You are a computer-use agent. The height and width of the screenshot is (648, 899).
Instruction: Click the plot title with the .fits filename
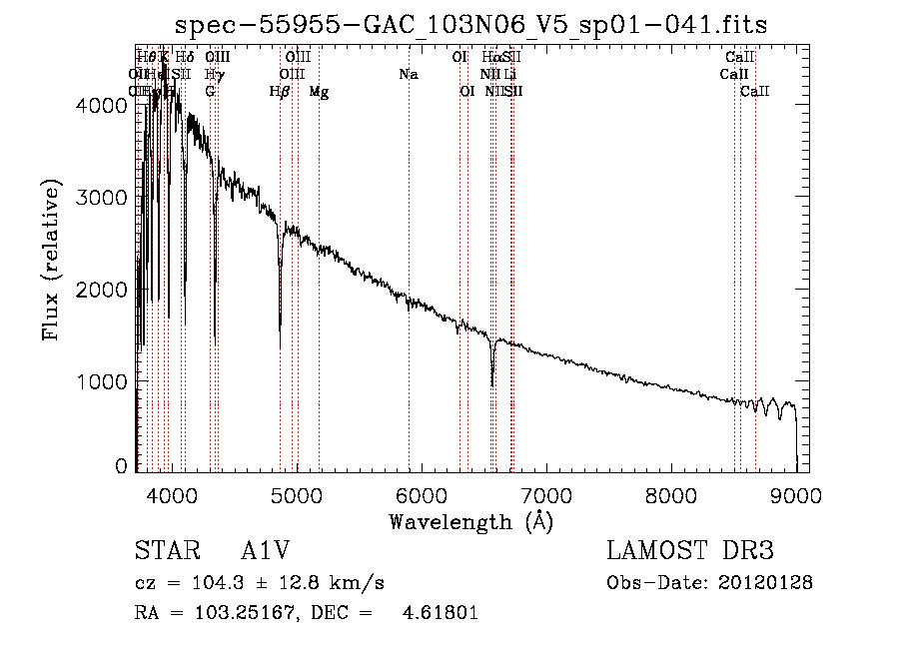(x=470, y=25)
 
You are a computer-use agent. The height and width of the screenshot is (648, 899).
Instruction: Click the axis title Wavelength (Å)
(x=470, y=521)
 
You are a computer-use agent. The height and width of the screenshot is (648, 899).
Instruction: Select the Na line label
(x=408, y=74)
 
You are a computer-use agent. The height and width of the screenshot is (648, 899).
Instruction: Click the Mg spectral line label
(x=319, y=92)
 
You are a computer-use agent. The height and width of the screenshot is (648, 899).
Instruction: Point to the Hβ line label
(x=280, y=92)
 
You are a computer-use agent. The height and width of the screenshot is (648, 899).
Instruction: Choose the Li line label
(x=509, y=74)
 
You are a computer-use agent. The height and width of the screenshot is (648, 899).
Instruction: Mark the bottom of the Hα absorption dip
(x=492, y=385)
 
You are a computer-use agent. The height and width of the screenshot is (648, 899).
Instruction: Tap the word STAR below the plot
(x=165, y=551)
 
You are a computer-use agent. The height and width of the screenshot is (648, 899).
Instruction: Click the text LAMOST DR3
(x=689, y=551)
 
